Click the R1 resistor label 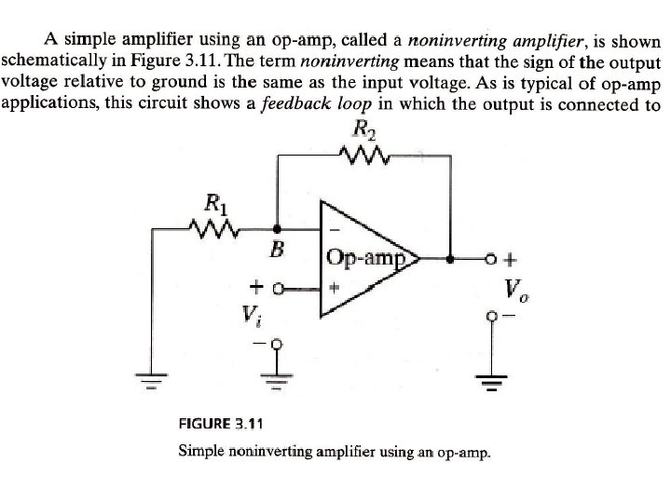click(213, 200)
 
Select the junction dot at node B click(276, 226)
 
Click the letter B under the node click(276, 250)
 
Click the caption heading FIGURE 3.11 click(221, 422)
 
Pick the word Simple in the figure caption click(202, 452)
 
